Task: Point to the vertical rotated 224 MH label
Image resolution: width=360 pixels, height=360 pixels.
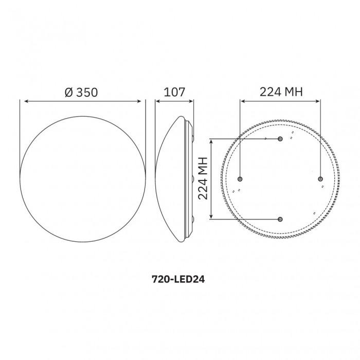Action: coord(202,178)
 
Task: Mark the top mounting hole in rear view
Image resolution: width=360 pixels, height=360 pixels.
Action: coord(280,139)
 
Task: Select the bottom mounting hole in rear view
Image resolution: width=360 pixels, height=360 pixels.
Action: coord(280,219)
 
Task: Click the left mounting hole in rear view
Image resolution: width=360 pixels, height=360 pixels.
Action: coord(240,178)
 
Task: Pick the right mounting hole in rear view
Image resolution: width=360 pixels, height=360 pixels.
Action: coord(320,178)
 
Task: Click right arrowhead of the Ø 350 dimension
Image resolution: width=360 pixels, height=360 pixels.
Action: coord(142,101)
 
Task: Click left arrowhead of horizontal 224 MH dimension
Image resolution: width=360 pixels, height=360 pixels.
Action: coord(243,101)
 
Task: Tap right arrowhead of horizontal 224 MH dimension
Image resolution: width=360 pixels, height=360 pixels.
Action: coord(318,101)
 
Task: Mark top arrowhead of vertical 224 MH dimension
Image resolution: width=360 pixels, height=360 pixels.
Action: coord(212,141)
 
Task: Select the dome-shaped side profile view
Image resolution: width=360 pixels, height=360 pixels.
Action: coord(175,178)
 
